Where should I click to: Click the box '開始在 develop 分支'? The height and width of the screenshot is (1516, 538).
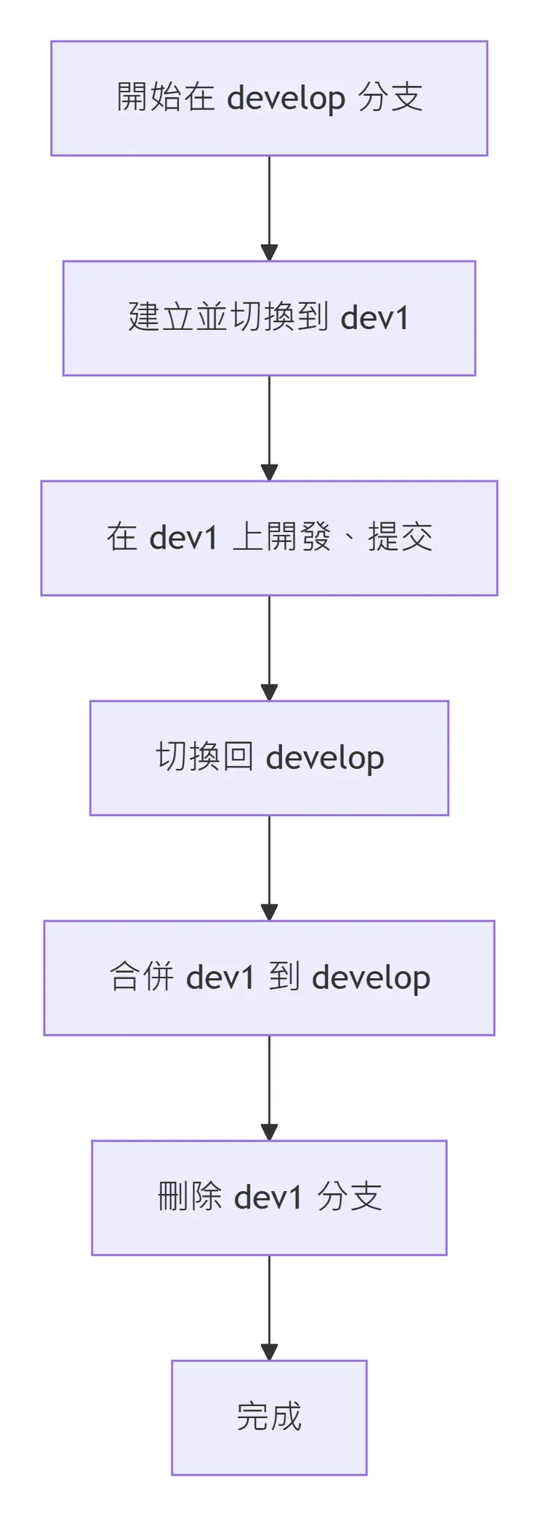pyautogui.click(x=269, y=98)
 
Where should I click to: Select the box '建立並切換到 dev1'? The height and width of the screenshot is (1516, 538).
pyautogui.click(x=269, y=318)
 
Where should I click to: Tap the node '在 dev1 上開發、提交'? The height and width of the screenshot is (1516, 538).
pyautogui.click(x=269, y=538)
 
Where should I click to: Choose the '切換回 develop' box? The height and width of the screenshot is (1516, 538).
pyautogui.click(x=269, y=758)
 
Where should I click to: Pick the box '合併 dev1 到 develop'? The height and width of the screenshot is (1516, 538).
pyautogui.click(x=269, y=977)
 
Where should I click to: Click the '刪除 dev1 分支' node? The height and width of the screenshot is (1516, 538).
pyautogui.click(x=269, y=1198)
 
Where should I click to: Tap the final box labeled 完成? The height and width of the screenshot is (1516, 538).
pyautogui.click(x=269, y=1417)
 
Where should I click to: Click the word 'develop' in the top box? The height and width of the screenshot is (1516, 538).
pyautogui.click(x=286, y=99)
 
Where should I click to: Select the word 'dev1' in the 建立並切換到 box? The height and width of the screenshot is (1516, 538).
pyautogui.click(x=374, y=318)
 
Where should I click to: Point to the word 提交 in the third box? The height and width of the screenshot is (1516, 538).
pyautogui.click(x=400, y=538)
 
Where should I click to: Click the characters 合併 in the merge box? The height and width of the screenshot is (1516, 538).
pyautogui.click(x=142, y=977)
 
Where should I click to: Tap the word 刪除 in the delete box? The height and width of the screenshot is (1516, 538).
pyautogui.click(x=190, y=1197)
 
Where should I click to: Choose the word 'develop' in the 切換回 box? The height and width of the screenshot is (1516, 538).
pyautogui.click(x=325, y=759)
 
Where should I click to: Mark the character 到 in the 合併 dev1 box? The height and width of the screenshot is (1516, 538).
pyautogui.click(x=284, y=977)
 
